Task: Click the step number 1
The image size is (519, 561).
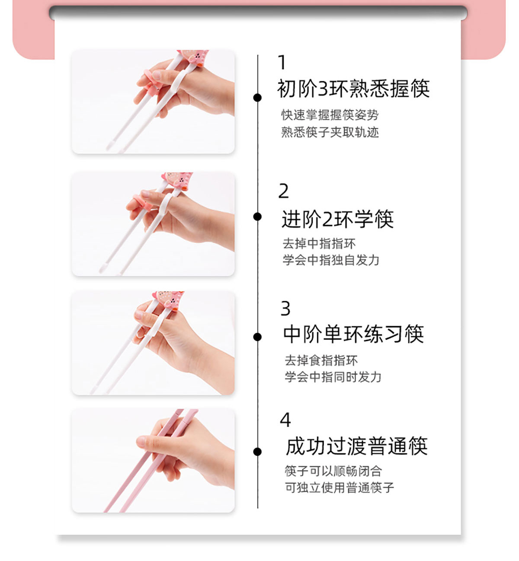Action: [282, 62]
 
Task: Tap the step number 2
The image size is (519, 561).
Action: [284, 191]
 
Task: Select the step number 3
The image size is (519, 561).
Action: [285, 308]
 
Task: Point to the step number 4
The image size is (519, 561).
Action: [285, 420]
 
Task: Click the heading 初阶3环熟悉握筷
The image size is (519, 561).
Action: [353, 89]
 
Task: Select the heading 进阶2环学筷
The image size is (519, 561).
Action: [337, 219]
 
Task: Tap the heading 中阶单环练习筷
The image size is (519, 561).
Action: [353, 334]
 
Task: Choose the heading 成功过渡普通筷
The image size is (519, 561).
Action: [356, 446]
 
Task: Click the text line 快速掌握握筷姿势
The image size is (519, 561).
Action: [330, 115]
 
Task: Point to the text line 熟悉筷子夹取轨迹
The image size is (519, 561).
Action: [330, 132]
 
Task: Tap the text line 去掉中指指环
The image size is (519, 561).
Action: [319, 243]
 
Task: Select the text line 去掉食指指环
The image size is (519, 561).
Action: [321, 360]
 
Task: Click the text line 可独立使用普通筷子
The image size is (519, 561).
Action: [339, 488]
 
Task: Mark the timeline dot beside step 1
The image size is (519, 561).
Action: [257, 97]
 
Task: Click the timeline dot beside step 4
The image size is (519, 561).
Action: [257, 452]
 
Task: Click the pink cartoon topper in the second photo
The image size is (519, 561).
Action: [177, 180]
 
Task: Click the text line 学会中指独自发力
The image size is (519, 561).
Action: [331, 260]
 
